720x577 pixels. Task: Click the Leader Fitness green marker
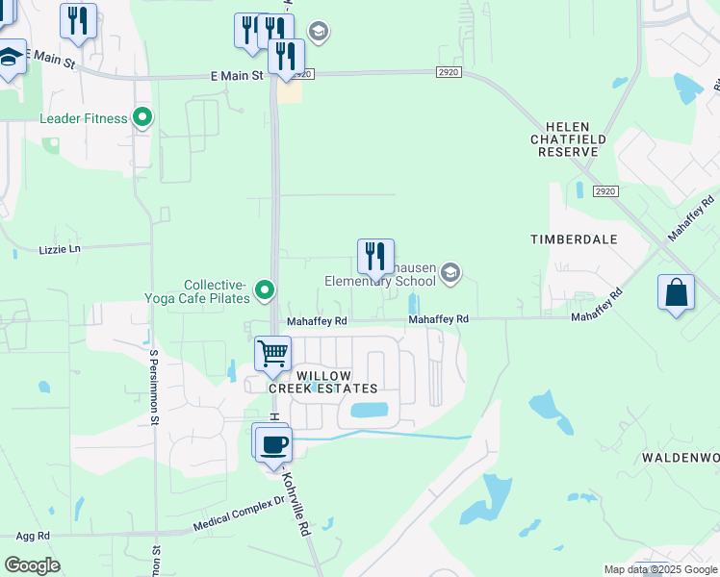(x=143, y=118)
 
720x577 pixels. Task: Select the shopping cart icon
(x=273, y=353)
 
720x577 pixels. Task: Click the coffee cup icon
(x=271, y=442)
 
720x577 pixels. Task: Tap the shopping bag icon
(x=677, y=292)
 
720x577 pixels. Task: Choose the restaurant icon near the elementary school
(x=375, y=257)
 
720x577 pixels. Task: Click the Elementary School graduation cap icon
(x=450, y=275)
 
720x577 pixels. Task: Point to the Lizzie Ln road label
(x=60, y=249)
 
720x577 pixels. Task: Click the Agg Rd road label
(x=32, y=535)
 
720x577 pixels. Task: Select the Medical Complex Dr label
(x=240, y=514)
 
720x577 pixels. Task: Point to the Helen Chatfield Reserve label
(x=576, y=138)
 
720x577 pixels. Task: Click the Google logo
(x=32, y=565)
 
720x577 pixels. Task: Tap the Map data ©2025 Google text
(x=660, y=569)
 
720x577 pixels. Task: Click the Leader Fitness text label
(x=84, y=118)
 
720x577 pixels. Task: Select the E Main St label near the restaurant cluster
(x=238, y=75)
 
